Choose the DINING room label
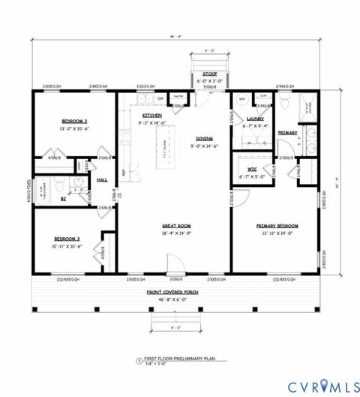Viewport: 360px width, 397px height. coord(205,139)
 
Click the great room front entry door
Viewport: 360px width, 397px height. coord(173,276)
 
